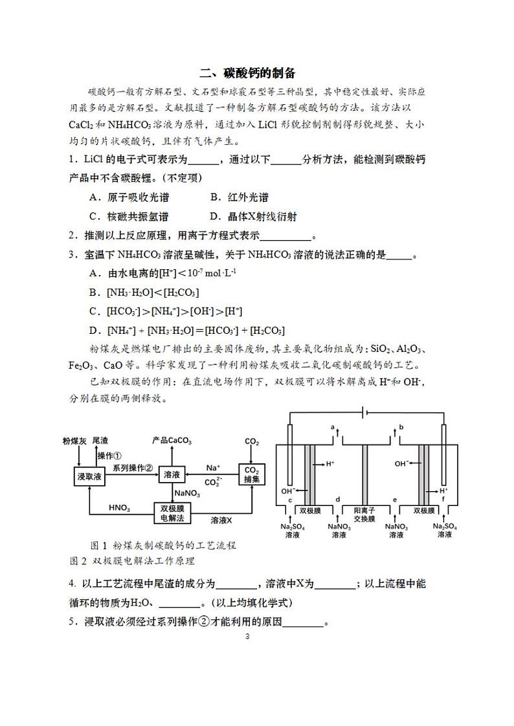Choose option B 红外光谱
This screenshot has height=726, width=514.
pos(239,197)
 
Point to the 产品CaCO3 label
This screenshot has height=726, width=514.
pos(172,441)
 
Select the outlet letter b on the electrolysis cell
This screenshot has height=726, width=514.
pos(402,428)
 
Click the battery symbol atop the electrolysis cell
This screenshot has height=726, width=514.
pos(366,412)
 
